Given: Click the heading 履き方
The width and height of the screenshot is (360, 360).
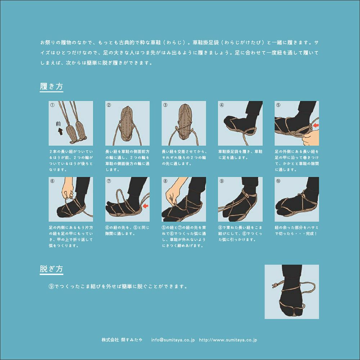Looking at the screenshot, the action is [51, 86].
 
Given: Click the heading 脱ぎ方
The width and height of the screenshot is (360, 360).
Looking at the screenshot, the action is [51, 269].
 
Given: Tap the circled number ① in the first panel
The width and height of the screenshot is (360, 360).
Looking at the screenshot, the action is [52, 105].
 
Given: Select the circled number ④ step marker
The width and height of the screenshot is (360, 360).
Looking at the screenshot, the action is [221, 105].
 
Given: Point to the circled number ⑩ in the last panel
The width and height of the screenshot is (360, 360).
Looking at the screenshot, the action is [278, 181].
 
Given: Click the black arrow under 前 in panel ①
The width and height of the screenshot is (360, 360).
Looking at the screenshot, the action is [60, 131].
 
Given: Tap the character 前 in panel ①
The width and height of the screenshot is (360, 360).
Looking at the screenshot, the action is [58, 124].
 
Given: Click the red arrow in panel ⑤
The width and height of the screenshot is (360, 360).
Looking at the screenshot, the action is [316, 125].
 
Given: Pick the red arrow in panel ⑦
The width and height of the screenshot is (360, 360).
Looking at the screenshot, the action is [145, 206].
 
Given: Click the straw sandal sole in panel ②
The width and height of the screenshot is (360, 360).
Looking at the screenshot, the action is [127, 123].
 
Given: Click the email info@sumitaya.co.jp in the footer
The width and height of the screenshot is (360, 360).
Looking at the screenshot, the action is [173, 340].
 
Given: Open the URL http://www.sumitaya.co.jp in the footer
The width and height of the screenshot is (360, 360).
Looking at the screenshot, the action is [228, 340].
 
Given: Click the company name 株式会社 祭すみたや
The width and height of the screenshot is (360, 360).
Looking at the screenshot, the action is [122, 340].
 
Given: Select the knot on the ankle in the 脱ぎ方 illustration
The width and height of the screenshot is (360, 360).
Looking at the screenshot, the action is [274, 285].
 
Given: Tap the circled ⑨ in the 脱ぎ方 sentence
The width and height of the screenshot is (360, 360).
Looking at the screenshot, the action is [51, 287].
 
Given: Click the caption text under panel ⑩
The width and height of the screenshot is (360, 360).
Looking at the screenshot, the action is [296, 230].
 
